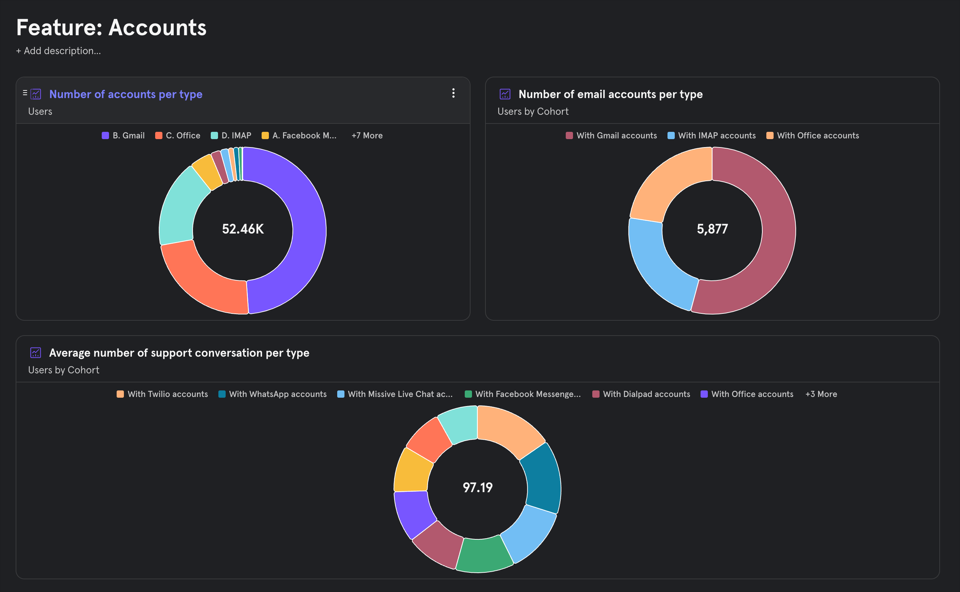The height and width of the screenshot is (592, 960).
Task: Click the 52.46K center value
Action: pos(243,229)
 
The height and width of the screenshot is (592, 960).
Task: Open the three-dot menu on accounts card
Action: pos(453,93)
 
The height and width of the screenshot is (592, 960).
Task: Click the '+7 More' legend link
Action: pos(367,135)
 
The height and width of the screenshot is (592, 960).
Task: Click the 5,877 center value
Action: pos(712,229)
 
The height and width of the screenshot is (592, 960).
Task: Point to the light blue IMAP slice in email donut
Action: pos(658,266)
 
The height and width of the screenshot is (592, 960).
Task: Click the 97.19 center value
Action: pos(477,487)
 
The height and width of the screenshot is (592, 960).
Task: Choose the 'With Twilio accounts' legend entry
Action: pos(162,394)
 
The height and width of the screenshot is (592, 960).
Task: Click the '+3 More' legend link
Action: pos(821,394)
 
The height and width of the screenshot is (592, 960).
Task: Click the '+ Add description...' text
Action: pos(59,51)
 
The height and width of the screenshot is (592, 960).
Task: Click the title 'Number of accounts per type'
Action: pos(126,94)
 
